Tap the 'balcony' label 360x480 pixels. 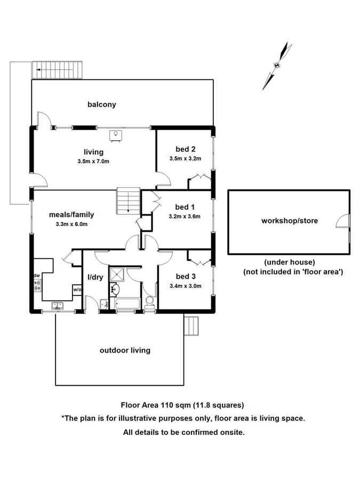[101, 105]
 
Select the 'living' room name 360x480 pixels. [93, 152]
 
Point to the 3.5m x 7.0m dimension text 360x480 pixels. [93, 161]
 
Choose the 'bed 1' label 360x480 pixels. [186, 206]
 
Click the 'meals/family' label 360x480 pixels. [71, 214]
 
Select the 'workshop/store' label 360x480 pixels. [283, 220]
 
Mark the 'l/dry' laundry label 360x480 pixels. [95, 278]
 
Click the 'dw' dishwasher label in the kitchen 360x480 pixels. [37, 275]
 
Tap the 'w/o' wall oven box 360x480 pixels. [77, 290]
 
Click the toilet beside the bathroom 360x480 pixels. [149, 302]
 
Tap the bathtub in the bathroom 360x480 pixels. [126, 304]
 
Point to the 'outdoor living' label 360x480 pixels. [125, 350]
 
